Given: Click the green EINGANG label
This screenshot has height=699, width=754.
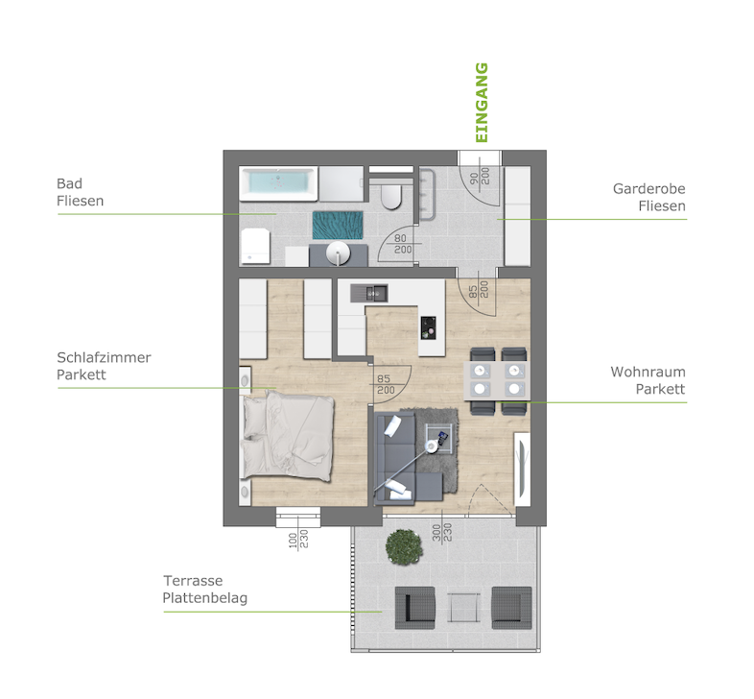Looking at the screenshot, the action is [482, 103].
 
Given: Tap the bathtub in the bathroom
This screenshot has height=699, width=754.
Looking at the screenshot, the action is [278, 183].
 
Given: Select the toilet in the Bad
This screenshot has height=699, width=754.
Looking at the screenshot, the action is [391, 196].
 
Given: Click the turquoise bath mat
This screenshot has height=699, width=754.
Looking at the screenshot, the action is [338, 225].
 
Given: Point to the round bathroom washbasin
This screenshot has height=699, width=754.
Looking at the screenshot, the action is [338, 253].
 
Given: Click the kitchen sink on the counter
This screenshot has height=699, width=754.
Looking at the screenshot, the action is [369, 293].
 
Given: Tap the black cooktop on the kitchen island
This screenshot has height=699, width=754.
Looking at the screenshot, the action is [428, 327].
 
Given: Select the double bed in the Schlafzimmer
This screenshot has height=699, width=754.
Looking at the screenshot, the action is [287, 436].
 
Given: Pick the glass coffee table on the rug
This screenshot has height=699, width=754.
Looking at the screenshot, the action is [438, 439].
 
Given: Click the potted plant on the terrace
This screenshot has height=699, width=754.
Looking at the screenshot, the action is [405, 547].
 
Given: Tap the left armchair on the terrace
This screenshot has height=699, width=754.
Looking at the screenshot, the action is [415, 608].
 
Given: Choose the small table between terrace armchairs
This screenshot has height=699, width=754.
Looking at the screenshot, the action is [463, 608].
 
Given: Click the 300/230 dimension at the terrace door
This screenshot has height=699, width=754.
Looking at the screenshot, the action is [442, 533].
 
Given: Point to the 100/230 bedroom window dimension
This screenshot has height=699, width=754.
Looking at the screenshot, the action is [298, 540].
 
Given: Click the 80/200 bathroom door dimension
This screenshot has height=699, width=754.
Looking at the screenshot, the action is [403, 244].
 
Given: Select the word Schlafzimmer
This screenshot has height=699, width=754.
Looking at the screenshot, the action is [104, 358].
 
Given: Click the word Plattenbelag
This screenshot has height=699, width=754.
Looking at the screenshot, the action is [205, 598].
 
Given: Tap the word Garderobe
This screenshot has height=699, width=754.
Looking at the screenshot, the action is [649, 189].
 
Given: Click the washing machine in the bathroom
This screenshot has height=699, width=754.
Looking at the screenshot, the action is [255, 246].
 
